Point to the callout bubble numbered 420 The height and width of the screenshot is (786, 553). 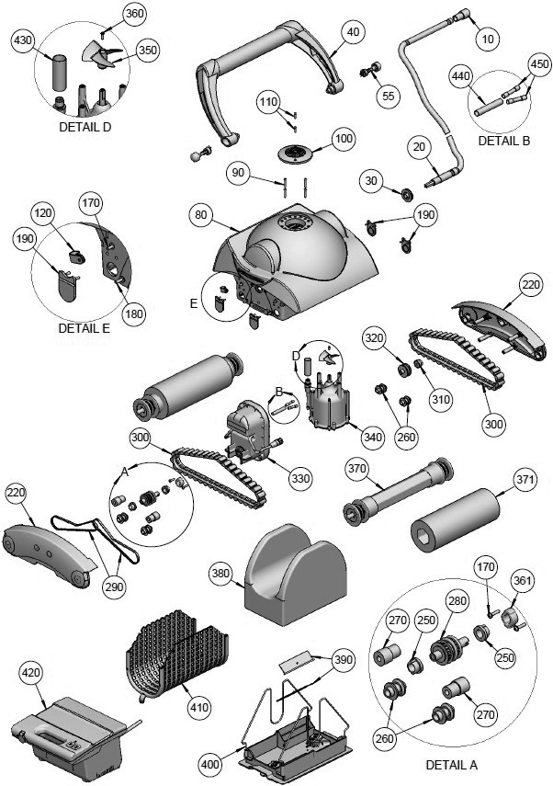tap(30, 674)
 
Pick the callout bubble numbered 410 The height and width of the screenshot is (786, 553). tap(198, 707)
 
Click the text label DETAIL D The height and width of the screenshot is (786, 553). tap(85, 127)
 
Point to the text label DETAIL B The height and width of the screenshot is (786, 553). tap(504, 142)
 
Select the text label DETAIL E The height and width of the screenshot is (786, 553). tap(84, 327)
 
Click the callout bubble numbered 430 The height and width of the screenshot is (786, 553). tap(23, 40)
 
